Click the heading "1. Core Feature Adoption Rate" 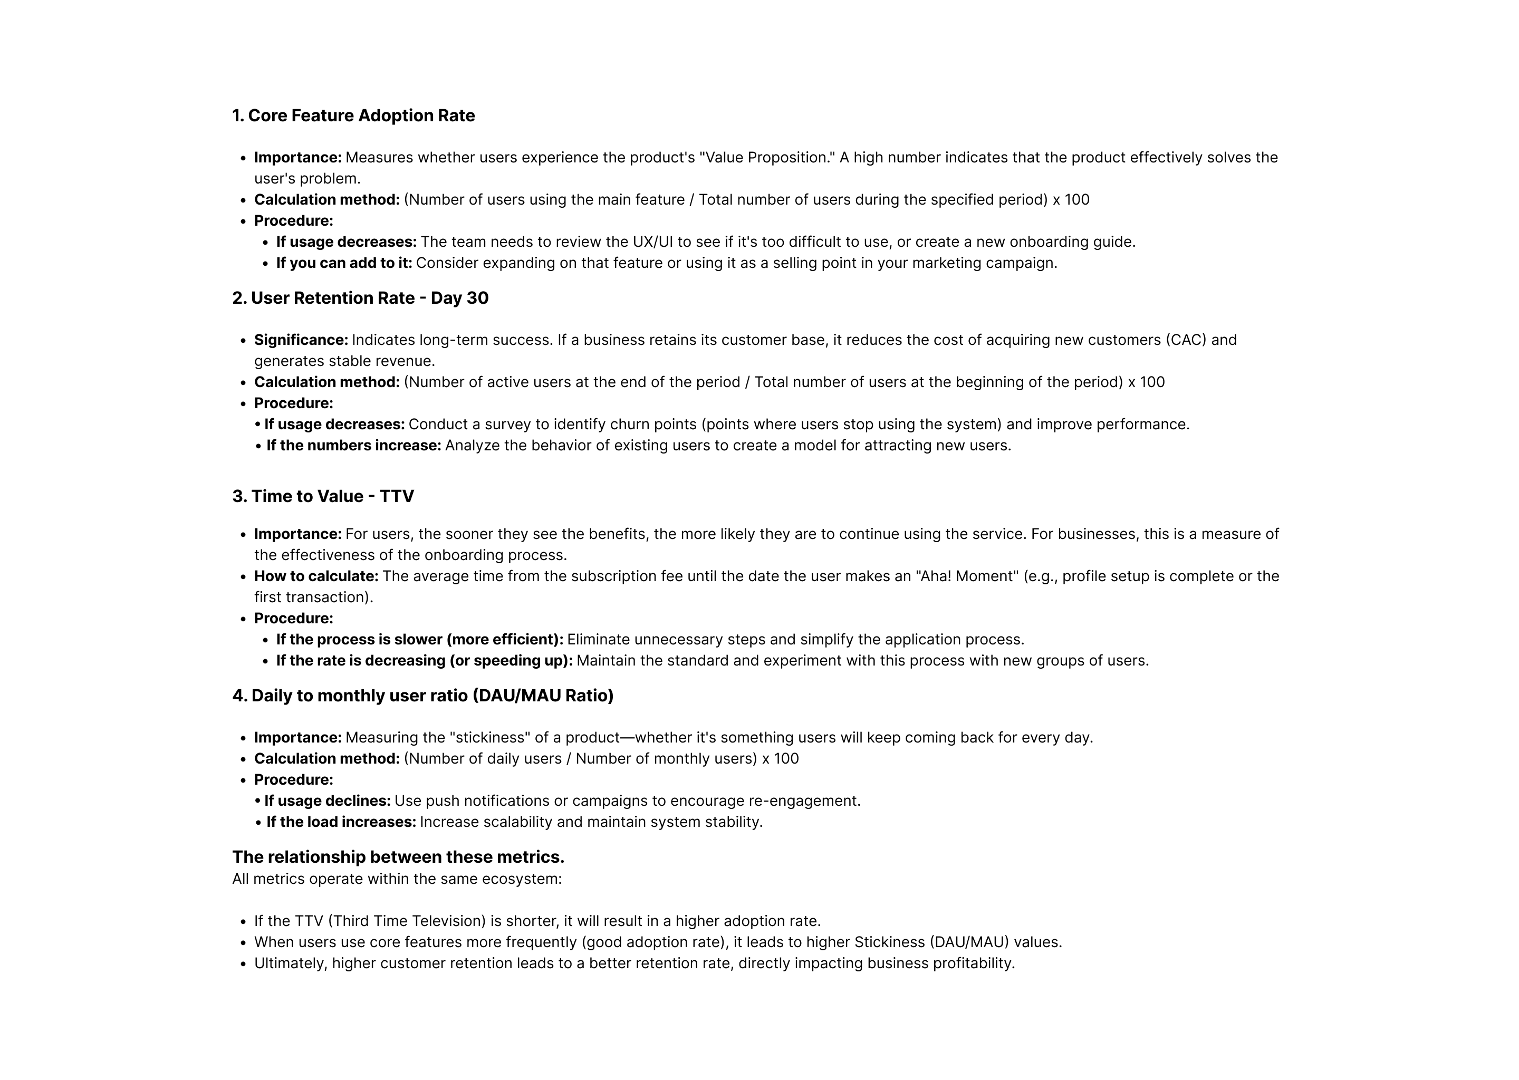[x=353, y=115]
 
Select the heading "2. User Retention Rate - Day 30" [x=360, y=298]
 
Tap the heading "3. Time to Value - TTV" [x=323, y=497]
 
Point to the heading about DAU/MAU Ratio [x=422, y=696]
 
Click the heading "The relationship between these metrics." [x=398, y=857]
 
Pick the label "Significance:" [x=301, y=340]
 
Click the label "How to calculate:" [x=316, y=576]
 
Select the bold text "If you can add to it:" [x=344, y=263]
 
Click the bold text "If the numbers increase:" [x=354, y=446]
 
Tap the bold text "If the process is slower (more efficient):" [x=420, y=640]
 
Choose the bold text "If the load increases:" [x=341, y=822]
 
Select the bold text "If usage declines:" [x=327, y=801]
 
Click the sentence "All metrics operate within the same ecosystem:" [x=397, y=879]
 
